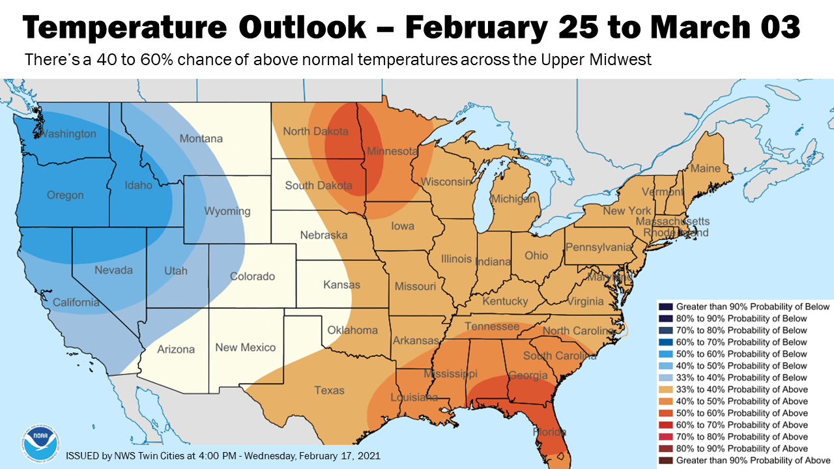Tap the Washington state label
pyautogui.click(x=68, y=134)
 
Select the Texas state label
pyautogui.click(x=329, y=390)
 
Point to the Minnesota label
pyautogui.click(x=392, y=151)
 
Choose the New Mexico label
pyautogui.click(x=246, y=347)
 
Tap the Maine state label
pyautogui.click(x=705, y=168)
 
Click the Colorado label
pyautogui.click(x=252, y=276)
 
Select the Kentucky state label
pyautogui.click(x=505, y=302)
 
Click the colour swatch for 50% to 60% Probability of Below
pyautogui.click(x=666, y=354)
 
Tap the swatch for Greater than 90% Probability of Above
pyautogui.click(x=666, y=460)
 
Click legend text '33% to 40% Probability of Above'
pyautogui.click(x=741, y=390)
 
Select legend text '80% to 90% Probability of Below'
pyautogui.click(x=741, y=319)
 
